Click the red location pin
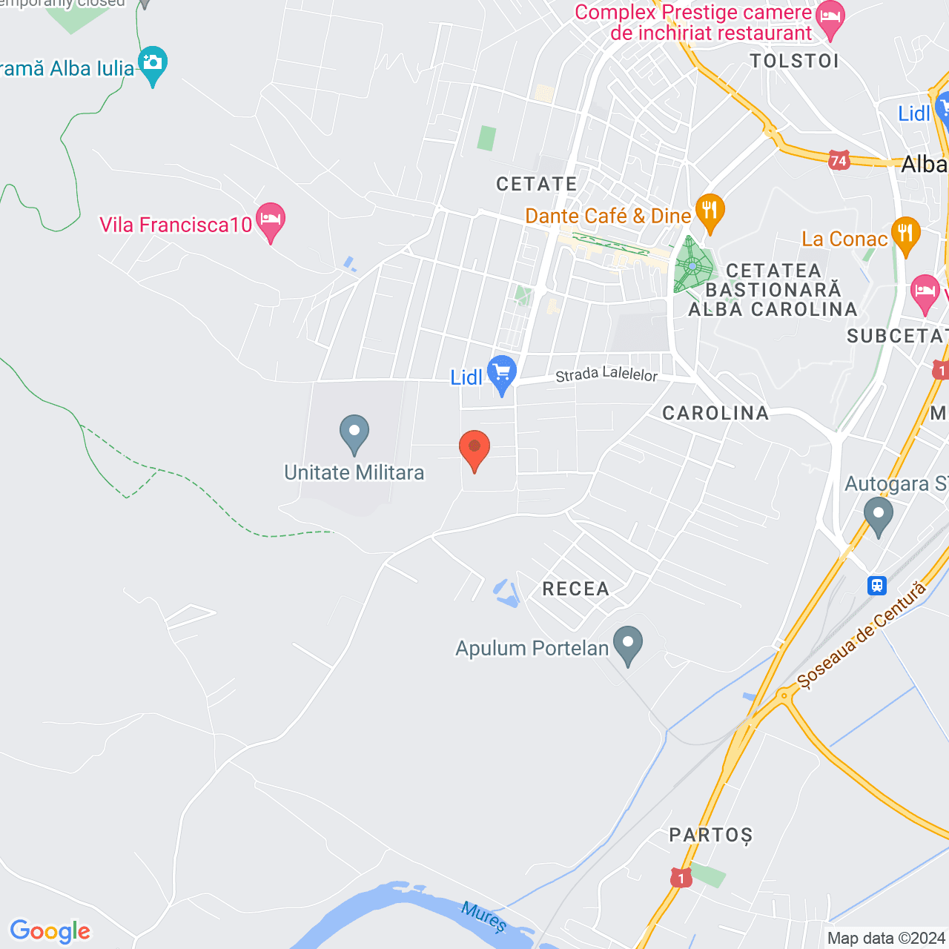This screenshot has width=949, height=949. [474, 449]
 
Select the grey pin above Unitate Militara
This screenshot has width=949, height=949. [354, 433]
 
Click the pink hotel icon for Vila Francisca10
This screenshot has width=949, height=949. [271, 220]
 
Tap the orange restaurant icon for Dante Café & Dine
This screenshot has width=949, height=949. [710, 211]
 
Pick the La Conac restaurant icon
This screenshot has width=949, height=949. [905, 234]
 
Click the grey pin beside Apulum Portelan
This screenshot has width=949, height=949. [629, 644]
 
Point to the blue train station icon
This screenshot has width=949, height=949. [877, 586]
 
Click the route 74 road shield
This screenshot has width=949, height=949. [839, 160]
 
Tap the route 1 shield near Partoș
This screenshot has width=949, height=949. [681, 879]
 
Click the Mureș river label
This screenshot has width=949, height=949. [483, 916]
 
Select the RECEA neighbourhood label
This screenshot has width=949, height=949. [576, 589]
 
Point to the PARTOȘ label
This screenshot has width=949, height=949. [710, 836]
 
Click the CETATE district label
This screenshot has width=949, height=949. [537, 184]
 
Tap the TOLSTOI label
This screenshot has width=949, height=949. [794, 61]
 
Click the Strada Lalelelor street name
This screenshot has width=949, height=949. [606, 374]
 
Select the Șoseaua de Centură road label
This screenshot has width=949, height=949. [862, 636]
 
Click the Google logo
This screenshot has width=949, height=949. [50, 931]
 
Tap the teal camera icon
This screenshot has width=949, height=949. [153, 64]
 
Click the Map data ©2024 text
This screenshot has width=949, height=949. [886, 939]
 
